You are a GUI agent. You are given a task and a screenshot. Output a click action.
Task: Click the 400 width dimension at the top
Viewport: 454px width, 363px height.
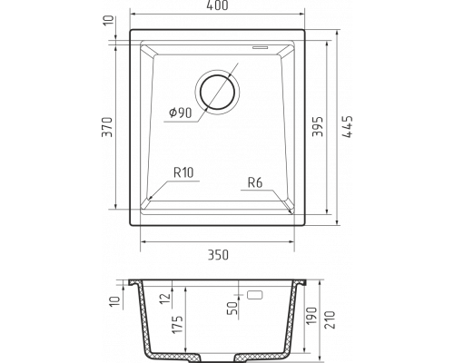[x=218, y=5]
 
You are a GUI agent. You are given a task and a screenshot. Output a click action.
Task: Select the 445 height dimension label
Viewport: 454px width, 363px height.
[x=348, y=127]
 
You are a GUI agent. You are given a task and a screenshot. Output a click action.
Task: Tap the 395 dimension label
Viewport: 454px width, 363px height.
[x=318, y=126]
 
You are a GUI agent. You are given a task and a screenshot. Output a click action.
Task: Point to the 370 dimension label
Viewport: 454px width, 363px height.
[x=107, y=127]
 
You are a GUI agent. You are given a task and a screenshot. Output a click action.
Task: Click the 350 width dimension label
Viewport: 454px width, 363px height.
[x=218, y=255]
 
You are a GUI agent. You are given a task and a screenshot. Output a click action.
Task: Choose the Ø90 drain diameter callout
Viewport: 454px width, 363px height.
[x=181, y=113]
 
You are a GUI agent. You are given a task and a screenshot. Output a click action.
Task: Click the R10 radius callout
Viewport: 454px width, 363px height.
[x=183, y=172]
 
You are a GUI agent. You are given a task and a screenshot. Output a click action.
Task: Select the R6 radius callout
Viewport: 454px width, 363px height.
[x=255, y=182]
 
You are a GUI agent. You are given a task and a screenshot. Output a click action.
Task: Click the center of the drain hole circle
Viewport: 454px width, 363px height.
[x=217, y=92]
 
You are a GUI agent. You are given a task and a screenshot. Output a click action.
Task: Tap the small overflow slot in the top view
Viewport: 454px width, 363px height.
[x=261, y=47]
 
